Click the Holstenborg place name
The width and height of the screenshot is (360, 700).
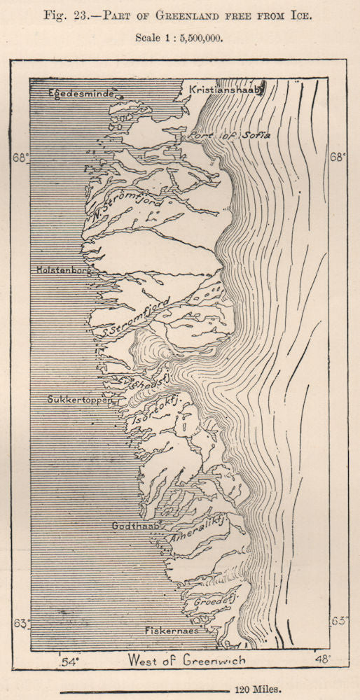tap(65, 269)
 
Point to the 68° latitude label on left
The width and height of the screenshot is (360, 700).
tap(22, 157)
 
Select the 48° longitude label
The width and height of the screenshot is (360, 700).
tap(321, 659)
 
